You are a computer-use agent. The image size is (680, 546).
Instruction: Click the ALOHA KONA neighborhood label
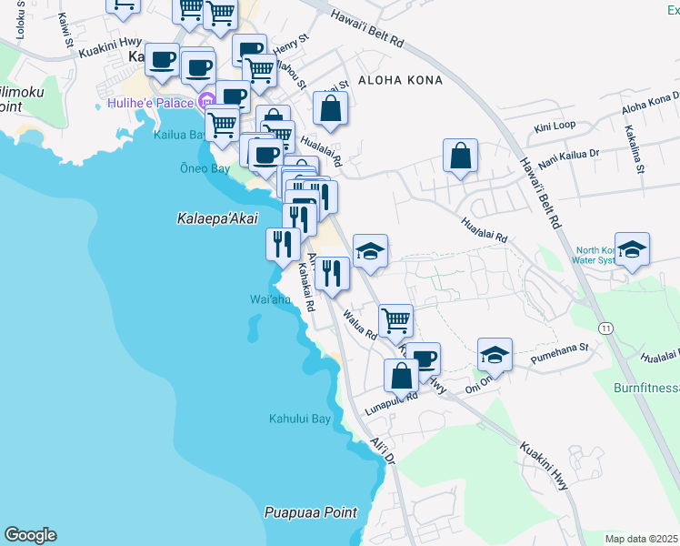click(401, 80)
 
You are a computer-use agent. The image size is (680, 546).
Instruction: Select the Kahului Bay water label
click(299, 420)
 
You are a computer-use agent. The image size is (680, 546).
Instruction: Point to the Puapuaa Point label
click(311, 512)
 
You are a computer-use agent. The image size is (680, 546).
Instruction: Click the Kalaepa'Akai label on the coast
click(216, 217)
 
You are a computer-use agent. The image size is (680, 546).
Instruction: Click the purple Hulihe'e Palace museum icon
click(207, 100)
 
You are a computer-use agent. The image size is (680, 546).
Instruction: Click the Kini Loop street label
click(555, 126)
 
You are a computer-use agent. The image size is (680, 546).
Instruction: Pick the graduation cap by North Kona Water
click(632, 248)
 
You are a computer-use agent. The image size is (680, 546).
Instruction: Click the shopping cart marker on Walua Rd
click(395, 320)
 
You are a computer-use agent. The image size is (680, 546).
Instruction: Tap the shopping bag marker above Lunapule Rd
click(401, 374)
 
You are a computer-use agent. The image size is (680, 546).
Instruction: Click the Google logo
click(30, 535)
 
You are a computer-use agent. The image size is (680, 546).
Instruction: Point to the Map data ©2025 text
click(641, 539)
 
